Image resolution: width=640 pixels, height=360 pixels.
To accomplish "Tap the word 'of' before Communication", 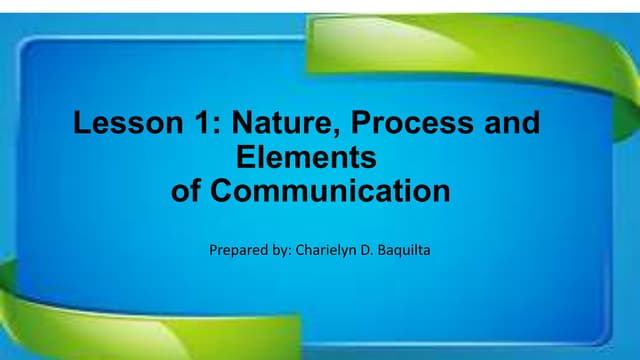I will pyautogui.click(x=187, y=190).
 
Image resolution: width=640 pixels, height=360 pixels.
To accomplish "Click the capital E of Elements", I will pyautogui.click(x=242, y=157).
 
